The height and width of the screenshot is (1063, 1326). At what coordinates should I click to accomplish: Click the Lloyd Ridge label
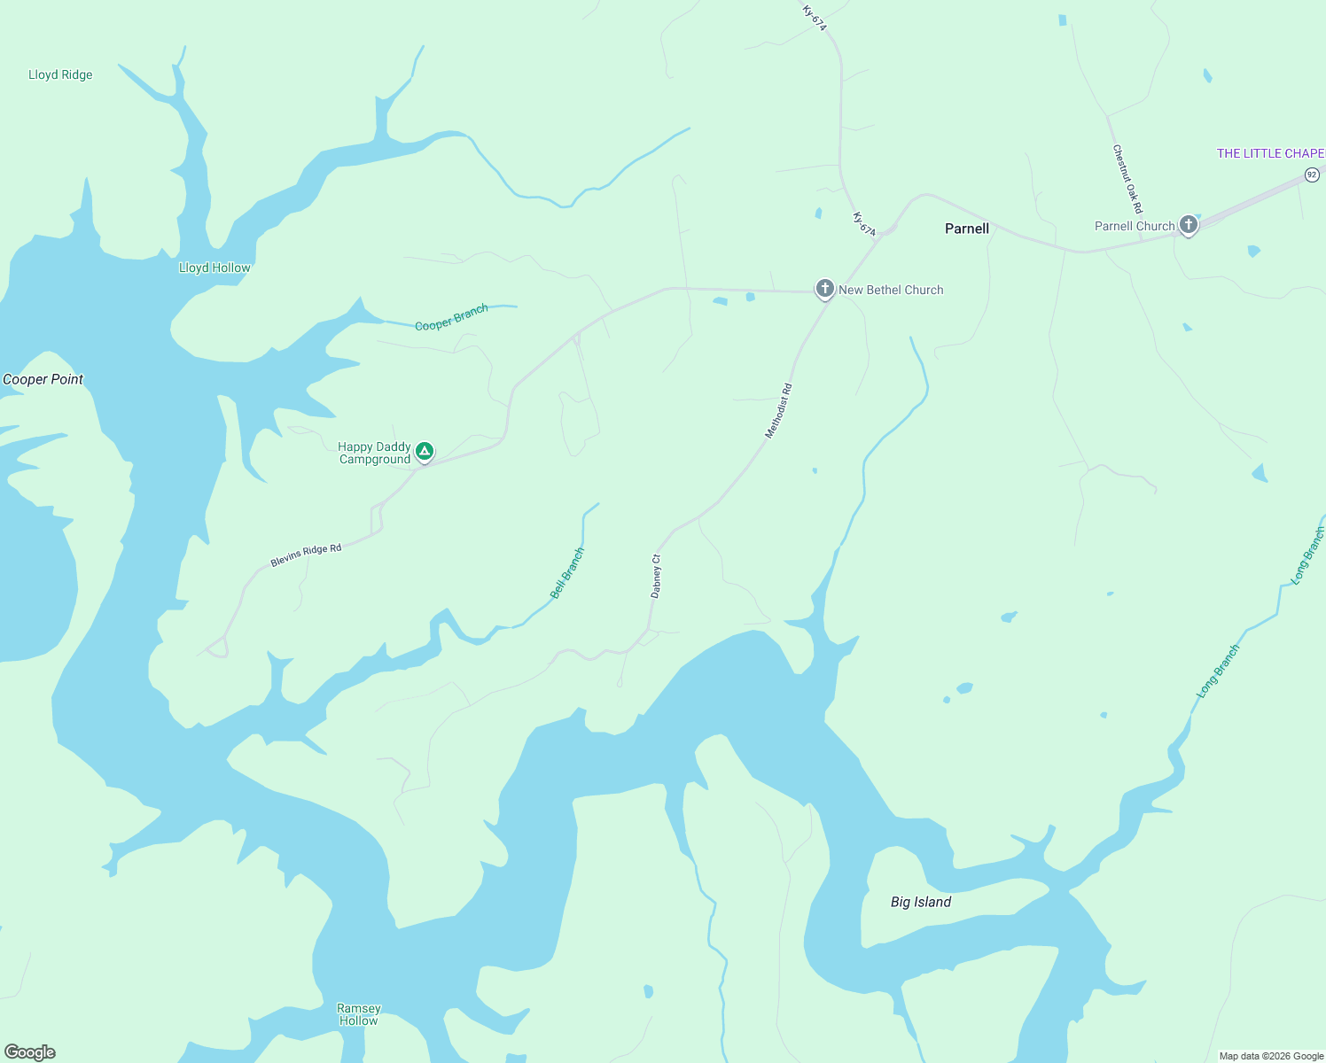pyautogui.click(x=60, y=75)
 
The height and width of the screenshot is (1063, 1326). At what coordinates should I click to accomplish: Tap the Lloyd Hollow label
pyautogui.click(x=214, y=268)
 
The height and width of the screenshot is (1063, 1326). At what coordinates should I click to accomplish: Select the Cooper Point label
pyautogui.click(x=43, y=379)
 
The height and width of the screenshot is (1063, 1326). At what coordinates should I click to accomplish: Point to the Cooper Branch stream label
pyautogui.click(x=451, y=317)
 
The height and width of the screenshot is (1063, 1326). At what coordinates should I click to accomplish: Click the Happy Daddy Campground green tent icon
pyautogui.click(x=425, y=452)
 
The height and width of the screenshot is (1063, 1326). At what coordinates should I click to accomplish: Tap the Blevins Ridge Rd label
pyautogui.click(x=306, y=555)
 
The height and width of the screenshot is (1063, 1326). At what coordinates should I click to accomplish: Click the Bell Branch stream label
pyautogui.click(x=567, y=573)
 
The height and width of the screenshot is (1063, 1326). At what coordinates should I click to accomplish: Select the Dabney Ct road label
pyautogui.click(x=656, y=576)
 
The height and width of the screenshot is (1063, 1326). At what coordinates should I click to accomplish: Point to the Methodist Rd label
pyautogui.click(x=778, y=411)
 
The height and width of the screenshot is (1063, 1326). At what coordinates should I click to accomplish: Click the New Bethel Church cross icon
pyautogui.click(x=824, y=288)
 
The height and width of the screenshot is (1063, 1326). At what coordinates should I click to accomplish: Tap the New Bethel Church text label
pyautogui.click(x=891, y=290)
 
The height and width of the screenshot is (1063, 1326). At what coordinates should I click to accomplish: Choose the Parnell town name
pyautogui.click(x=966, y=229)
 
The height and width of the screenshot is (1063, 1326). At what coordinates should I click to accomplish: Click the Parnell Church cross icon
pyautogui.click(x=1188, y=225)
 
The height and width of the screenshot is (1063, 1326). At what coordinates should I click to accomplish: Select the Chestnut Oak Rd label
pyautogui.click(x=1127, y=179)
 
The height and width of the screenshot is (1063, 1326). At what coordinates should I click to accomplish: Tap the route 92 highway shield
pyautogui.click(x=1312, y=175)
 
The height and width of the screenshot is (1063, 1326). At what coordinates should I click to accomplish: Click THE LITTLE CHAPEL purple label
pyautogui.click(x=1270, y=153)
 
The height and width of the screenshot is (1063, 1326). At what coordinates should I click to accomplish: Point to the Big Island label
pyautogui.click(x=920, y=902)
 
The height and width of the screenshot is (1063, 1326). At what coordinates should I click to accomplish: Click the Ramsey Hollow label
pyautogui.click(x=359, y=1014)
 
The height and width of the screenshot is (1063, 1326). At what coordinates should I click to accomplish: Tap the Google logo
pyautogui.click(x=30, y=1052)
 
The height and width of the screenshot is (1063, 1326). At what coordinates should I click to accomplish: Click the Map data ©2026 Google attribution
pyautogui.click(x=1271, y=1056)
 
